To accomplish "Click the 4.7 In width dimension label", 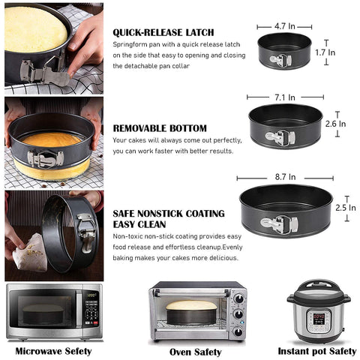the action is pos(285,26).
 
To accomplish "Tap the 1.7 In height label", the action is pos(325,52).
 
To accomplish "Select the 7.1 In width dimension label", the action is pos(285,97).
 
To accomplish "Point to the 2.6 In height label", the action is pos(335,124).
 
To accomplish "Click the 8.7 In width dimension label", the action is pos(285,177).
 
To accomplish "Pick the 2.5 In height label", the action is pos(346,208).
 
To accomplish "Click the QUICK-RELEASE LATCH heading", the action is pos(163,32).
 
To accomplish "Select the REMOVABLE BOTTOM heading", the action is pos(160,128).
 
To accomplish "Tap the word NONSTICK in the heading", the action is pos(160,214).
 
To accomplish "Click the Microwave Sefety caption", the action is pos(53,351).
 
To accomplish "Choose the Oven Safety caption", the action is pos(196,352).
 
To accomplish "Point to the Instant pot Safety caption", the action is pos(317,351).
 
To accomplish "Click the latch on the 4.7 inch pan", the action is pos(280,60).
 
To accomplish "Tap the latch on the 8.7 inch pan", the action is pos(279,224).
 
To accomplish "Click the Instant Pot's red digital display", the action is pos(319,316).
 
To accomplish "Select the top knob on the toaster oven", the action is pos(238,298).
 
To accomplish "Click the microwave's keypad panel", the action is pos(91,309).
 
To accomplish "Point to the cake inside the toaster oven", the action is pos(191,305).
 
